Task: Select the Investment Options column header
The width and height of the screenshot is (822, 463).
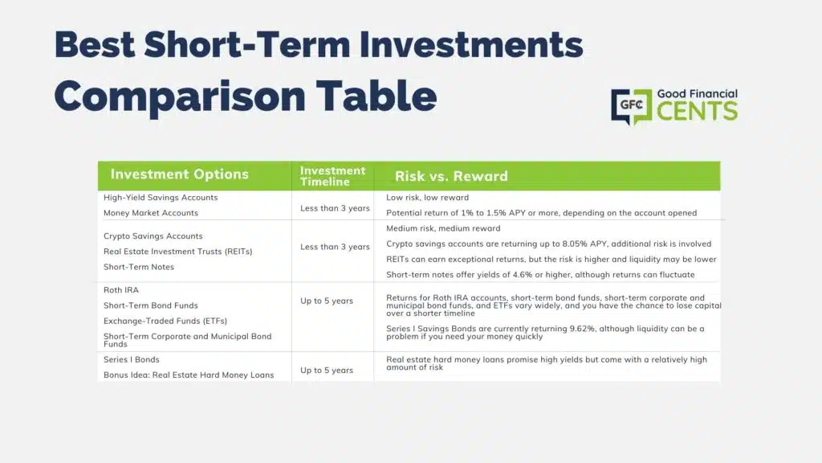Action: coord(179,174)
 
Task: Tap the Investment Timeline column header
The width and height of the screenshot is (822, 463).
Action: coord(332,176)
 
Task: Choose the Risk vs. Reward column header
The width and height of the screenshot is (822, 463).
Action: coord(451,176)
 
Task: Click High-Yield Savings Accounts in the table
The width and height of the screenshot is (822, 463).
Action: coord(161,198)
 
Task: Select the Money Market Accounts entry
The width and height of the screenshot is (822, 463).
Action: coord(151,213)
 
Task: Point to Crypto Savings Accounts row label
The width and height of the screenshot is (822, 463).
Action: coord(153,236)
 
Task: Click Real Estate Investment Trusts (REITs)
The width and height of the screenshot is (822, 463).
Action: coord(178,252)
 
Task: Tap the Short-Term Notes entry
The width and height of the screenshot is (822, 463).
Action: coord(139,267)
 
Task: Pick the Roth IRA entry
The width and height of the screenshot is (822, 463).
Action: coord(121,290)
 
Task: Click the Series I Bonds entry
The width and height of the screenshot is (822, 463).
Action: coord(132,359)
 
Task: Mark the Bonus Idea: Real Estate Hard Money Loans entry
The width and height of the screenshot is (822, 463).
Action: coord(189,375)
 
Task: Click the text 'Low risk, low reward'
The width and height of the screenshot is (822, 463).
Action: coord(427,198)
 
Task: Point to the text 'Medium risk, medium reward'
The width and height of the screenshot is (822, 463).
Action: coord(443,228)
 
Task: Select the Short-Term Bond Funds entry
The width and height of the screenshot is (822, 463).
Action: coord(151,305)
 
